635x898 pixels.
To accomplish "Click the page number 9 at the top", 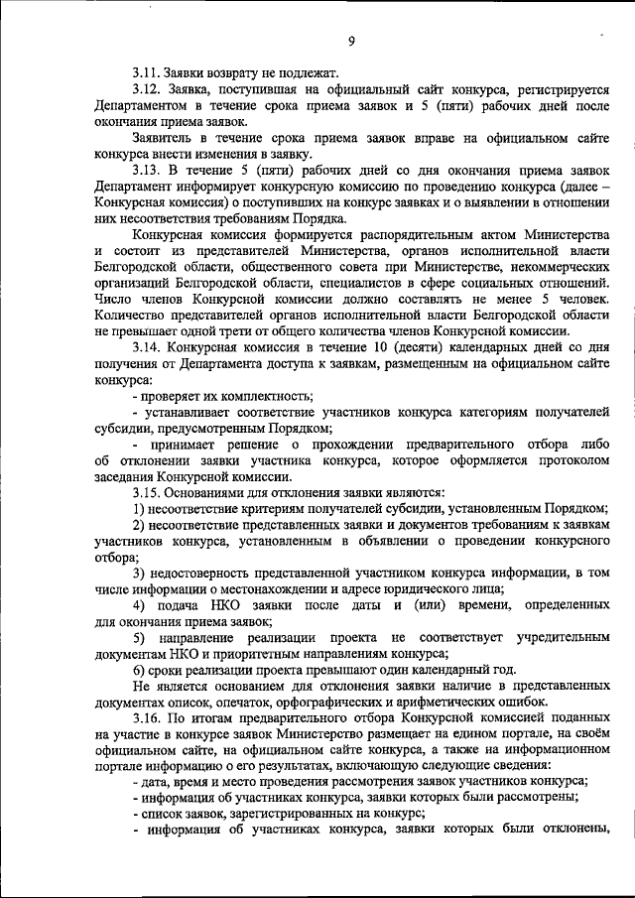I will (x=351, y=41).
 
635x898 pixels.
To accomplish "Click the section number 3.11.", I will (x=149, y=72).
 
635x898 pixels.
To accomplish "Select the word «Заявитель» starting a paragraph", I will (x=165, y=138).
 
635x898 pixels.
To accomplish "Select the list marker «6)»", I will (x=140, y=669).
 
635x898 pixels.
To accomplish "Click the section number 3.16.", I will (x=149, y=717).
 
